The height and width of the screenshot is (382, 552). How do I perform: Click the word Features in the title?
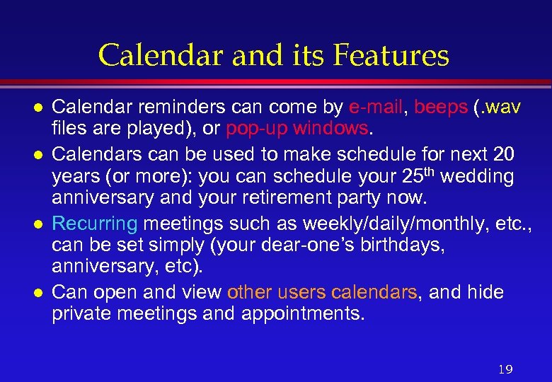392,55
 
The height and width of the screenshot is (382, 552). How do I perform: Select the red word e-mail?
376,108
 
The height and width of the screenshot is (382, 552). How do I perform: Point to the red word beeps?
441,108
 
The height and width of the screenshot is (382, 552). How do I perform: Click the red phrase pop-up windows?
297,130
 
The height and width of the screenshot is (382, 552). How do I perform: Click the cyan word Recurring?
95,224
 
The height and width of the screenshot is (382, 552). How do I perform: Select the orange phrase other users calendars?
322,292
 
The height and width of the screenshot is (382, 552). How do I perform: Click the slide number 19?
505,369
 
